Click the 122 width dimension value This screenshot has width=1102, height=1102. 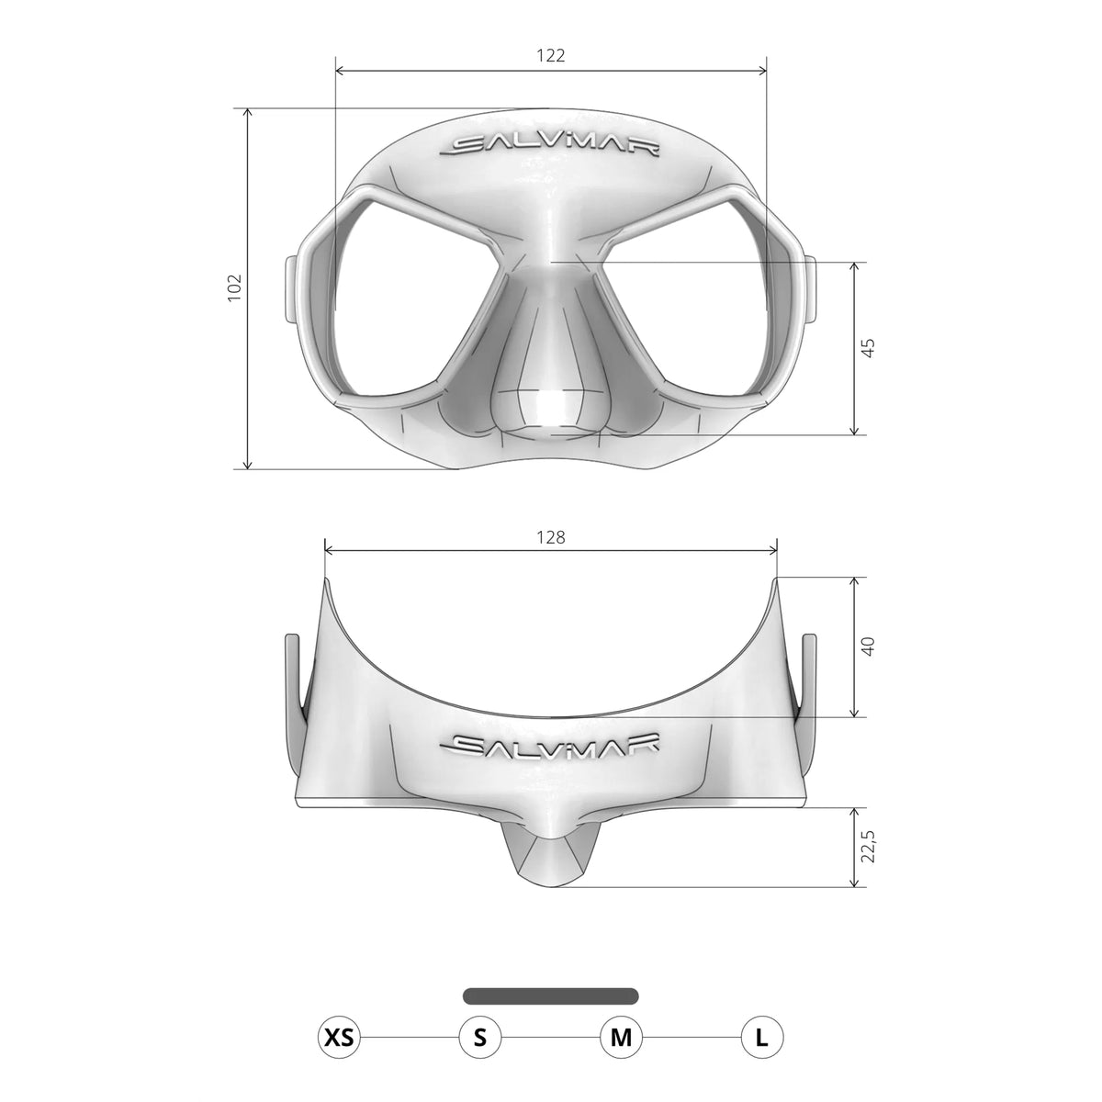click(x=550, y=55)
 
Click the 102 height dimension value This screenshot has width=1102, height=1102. click(x=233, y=287)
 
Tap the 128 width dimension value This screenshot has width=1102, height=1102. click(x=550, y=537)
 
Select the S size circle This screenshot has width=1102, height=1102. click(x=479, y=1039)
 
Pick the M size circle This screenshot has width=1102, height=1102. click(x=621, y=1039)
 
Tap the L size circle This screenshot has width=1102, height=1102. click(x=761, y=1039)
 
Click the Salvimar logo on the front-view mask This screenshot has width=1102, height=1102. click(x=550, y=147)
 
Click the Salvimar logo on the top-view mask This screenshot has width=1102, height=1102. click(x=550, y=745)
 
